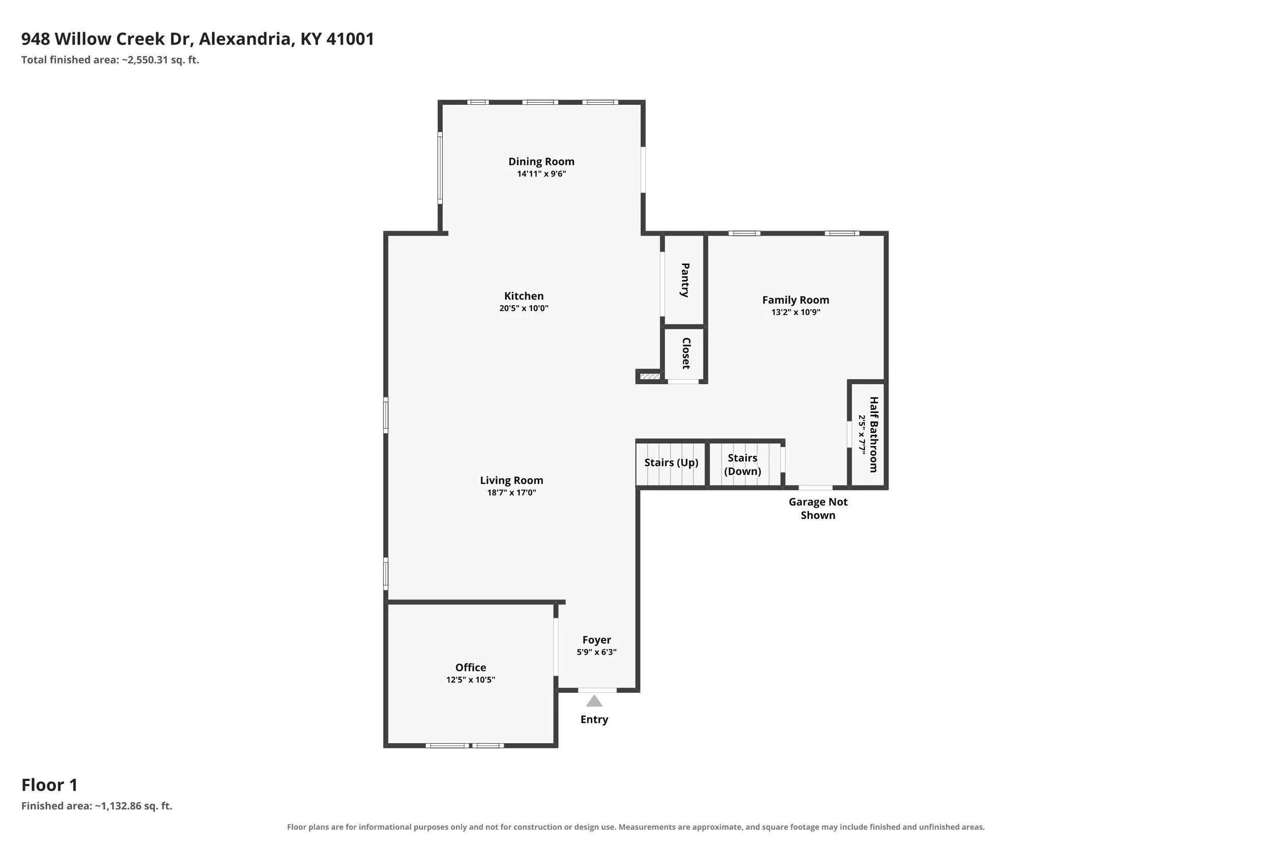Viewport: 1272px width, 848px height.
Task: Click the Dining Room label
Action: [541, 161]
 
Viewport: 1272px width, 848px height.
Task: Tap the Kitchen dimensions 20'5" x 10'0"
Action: [524, 308]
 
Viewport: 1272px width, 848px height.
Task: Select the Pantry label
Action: [685, 280]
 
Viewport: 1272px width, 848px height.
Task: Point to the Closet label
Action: [686, 353]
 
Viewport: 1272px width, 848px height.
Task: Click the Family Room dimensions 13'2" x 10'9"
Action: [796, 312]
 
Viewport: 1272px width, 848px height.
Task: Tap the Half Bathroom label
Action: [874, 434]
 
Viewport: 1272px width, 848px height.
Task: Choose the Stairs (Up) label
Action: [671, 462]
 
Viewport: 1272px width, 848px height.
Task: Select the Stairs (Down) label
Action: [742, 464]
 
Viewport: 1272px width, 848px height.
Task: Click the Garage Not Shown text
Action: [818, 508]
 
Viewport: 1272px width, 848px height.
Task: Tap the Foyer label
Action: [596, 640]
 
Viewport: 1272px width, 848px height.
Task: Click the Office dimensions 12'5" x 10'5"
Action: [471, 680]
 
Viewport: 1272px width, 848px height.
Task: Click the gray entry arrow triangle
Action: [594, 701]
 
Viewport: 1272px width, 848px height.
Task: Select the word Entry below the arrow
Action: [594, 719]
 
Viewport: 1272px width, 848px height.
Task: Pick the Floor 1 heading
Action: [50, 785]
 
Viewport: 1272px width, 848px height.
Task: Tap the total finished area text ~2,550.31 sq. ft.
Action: [160, 60]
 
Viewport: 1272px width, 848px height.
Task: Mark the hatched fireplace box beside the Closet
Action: [650, 376]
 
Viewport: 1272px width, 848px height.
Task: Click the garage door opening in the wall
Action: [816, 488]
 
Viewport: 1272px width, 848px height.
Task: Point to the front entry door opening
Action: [597, 690]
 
